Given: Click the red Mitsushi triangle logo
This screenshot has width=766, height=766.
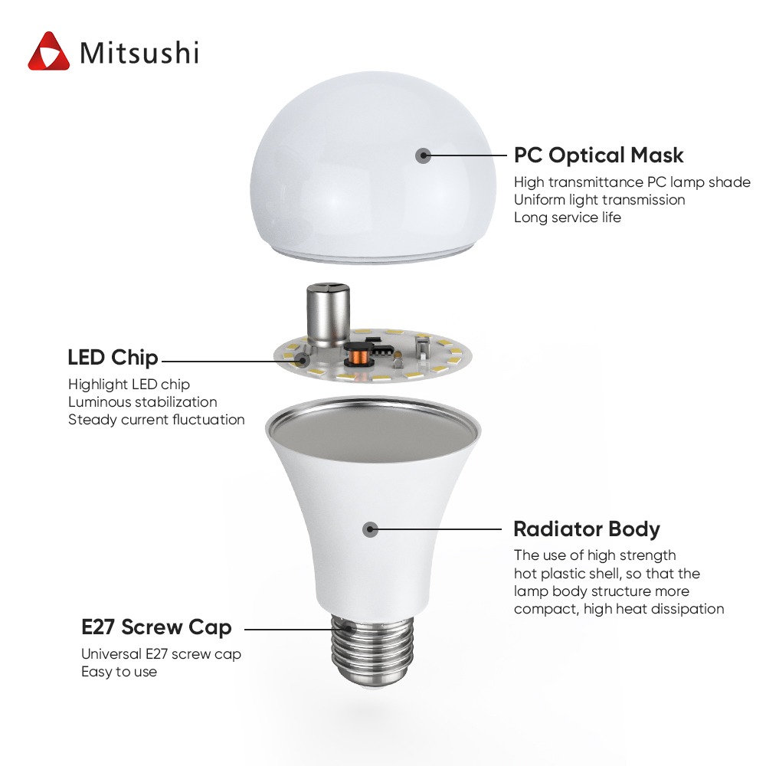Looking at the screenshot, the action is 48,52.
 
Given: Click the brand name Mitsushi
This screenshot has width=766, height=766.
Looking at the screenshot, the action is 139,52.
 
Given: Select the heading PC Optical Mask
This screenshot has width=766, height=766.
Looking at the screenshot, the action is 598,155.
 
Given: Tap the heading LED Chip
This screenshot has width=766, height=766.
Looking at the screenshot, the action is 113,358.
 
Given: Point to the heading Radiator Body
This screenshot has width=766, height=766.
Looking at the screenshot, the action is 587,529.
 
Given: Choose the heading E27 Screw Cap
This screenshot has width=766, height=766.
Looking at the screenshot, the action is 156,628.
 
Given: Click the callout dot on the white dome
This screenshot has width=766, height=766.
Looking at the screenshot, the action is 423,155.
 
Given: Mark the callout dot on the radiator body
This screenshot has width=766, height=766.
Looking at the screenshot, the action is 370,529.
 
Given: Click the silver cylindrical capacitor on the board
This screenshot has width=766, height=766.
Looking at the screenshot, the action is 328,315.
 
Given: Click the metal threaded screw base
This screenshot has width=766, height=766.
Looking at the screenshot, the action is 372,650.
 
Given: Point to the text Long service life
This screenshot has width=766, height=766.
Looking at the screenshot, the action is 567,218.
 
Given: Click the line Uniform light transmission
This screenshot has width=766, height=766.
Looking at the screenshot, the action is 600,200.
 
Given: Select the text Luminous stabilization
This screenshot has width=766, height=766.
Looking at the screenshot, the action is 142,402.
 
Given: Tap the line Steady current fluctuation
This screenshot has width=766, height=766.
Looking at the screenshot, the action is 156,420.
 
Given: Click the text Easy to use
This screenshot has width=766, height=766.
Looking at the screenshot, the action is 119,672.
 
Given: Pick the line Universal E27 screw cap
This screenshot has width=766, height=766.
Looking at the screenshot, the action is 161,654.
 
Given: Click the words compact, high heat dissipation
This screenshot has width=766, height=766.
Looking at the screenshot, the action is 619,609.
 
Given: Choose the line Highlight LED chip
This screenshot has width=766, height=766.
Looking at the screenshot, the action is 129,385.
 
